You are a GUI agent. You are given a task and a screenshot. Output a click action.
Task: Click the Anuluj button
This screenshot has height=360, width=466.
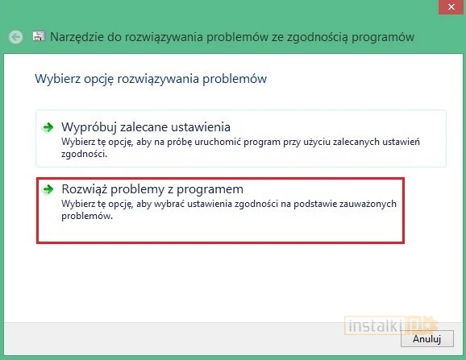(427, 340)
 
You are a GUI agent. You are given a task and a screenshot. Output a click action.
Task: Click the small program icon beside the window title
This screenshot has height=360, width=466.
(37, 37)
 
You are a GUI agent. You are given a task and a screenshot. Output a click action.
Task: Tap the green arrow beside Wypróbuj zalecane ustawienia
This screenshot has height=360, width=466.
(49, 127)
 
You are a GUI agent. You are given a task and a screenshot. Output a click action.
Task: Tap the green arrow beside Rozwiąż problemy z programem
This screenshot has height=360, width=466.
(49, 189)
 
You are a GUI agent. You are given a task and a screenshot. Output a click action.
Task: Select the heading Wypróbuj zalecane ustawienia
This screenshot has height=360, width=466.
(146, 126)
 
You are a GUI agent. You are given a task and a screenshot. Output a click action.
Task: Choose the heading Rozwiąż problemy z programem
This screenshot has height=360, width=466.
(152, 189)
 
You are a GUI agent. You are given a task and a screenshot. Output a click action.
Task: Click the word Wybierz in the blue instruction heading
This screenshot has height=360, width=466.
(56, 80)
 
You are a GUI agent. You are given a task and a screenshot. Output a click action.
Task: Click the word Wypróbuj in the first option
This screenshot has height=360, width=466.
(89, 126)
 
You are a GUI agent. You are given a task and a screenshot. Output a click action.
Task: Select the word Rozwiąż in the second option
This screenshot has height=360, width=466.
(85, 189)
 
